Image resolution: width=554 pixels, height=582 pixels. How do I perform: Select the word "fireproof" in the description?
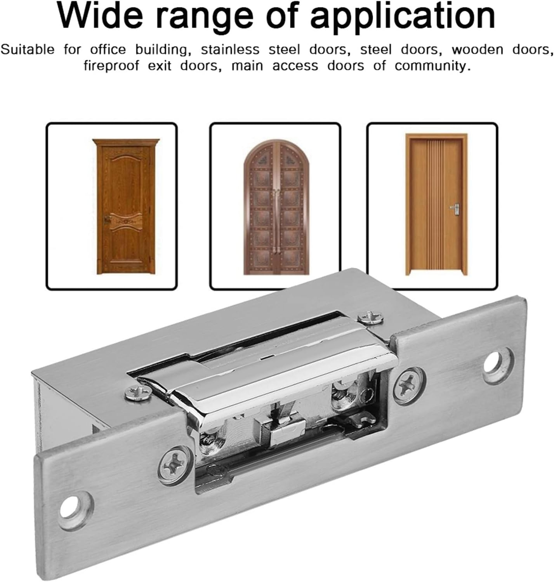point(111,66)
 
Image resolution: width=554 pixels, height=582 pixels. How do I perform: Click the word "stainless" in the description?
point(230,50)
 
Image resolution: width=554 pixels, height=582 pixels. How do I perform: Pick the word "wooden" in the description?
point(477,50)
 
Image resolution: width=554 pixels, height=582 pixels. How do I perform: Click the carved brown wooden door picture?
point(126,207)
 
